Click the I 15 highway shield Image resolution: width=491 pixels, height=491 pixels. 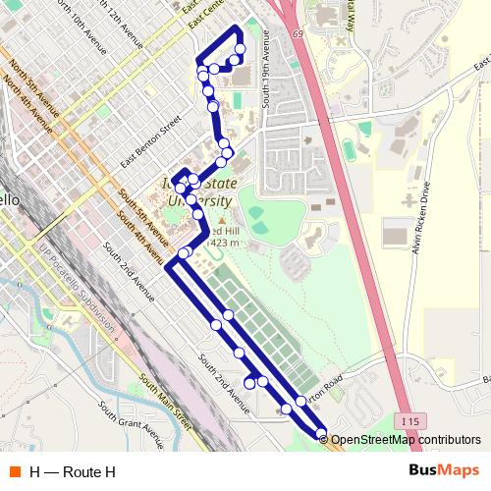pyautogui.click(x=409, y=420)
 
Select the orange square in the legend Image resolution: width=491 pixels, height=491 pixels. pyautogui.click(x=14, y=471)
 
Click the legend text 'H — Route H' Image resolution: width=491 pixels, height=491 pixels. pyautogui.click(x=72, y=472)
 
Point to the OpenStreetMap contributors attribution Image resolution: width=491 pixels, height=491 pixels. pyautogui.click(x=406, y=440)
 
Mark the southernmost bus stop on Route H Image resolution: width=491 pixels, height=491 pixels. pyautogui.click(x=321, y=432)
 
